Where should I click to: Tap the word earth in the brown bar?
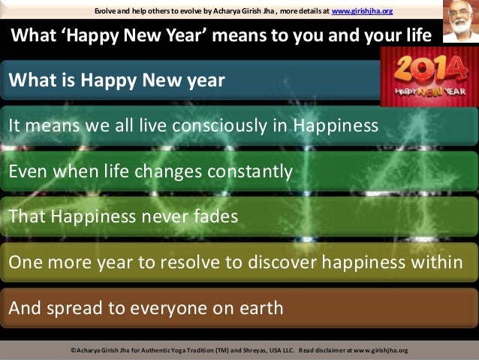[261, 308]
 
